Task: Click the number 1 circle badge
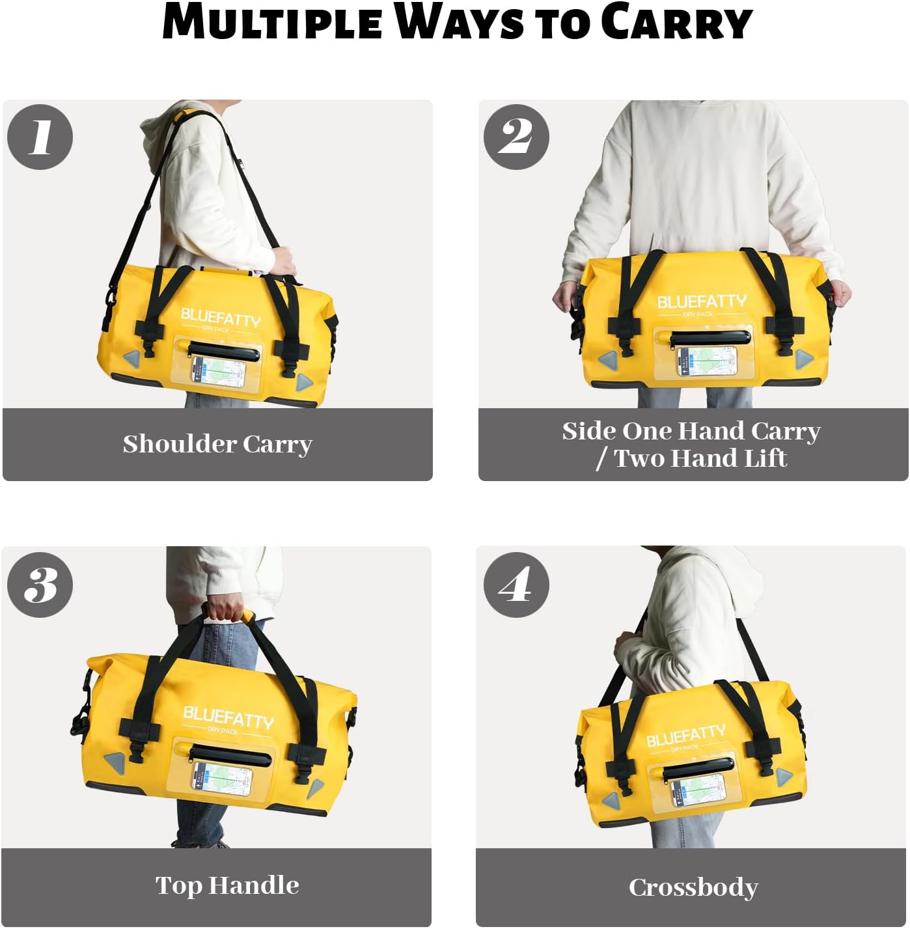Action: (40, 137)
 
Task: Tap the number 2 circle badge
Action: (516, 137)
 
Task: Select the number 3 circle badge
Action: (40, 584)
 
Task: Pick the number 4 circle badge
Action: (516, 584)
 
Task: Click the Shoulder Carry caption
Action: (217, 444)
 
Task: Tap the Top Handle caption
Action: (227, 885)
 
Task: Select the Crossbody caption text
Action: (693, 887)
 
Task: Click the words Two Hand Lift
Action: (700, 458)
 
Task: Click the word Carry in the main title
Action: (676, 23)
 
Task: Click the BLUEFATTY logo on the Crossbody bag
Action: (685, 736)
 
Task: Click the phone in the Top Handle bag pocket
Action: (221, 778)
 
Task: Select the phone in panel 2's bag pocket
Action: (706, 361)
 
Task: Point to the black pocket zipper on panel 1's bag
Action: (223, 352)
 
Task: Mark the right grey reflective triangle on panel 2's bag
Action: (803, 357)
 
